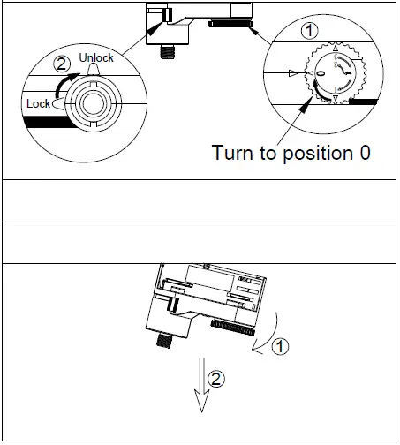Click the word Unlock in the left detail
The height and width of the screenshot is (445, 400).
click(96, 57)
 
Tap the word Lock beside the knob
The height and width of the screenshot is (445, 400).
click(39, 103)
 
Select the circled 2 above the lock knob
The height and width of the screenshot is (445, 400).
click(62, 64)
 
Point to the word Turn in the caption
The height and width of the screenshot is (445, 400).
click(234, 152)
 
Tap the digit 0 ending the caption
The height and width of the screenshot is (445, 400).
click(364, 152)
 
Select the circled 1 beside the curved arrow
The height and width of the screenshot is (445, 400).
click(281, 346)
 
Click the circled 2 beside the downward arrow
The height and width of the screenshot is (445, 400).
click(216, 381)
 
